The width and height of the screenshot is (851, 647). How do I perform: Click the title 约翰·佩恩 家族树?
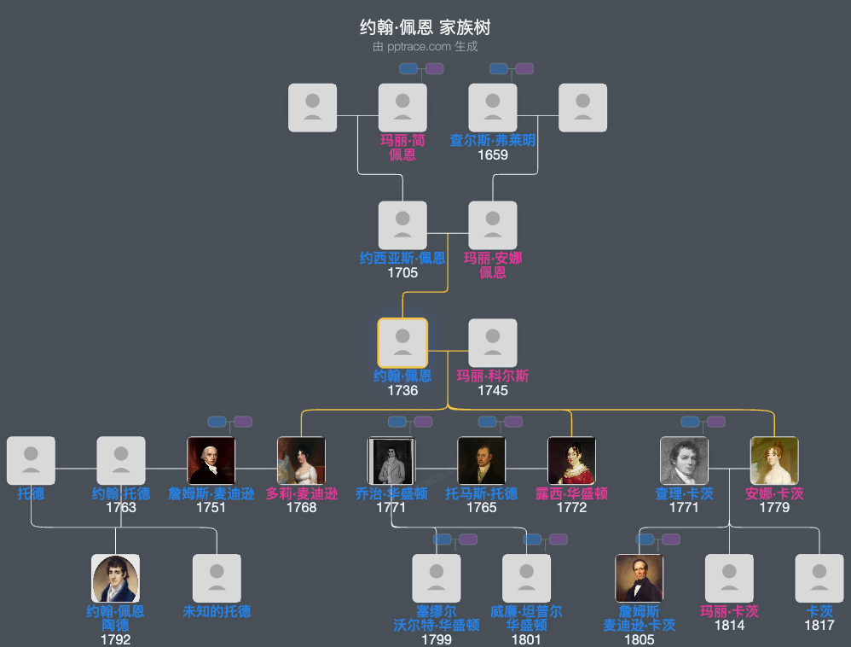[425, 27]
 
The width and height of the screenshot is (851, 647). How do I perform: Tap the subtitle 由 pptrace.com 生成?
[425, 47]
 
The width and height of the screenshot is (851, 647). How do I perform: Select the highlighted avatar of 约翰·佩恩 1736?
[402, 343]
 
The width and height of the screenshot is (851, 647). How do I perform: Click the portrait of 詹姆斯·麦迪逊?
[211, 461]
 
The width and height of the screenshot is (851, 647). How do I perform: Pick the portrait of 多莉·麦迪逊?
[301, 461]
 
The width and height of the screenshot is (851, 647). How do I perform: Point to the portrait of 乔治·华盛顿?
[391, 461]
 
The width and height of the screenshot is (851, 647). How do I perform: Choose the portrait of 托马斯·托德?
[481, 461]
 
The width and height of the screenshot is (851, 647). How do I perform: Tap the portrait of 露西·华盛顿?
[571, 461]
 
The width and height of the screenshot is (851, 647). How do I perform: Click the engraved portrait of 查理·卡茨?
[684, 461]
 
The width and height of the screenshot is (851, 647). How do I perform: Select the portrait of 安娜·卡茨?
[774, 461]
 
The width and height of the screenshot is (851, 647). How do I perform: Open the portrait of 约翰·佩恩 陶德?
[115, 579]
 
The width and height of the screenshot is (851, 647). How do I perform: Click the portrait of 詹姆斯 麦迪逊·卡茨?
[639, 579]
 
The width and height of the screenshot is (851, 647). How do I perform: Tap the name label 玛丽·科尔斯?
[493, 376]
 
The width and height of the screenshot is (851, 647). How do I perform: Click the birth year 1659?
[493, 155]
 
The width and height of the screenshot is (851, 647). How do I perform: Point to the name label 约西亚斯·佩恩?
[402, 258]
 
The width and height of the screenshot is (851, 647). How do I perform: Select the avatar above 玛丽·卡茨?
[729, 579]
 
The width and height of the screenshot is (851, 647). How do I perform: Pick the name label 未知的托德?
[217, 611]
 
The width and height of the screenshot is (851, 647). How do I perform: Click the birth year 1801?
[526, 639]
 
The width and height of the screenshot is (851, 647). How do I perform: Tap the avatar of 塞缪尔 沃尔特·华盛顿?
[436, 579]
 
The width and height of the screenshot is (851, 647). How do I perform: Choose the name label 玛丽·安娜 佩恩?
[493, 265]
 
